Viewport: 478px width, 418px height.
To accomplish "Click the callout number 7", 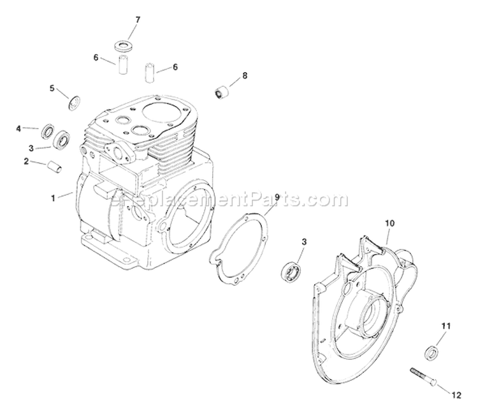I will [135, 20].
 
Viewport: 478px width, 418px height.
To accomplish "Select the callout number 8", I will [244, 76].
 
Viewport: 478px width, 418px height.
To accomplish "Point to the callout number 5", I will [52, 88].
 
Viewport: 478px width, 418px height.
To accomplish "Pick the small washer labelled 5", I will [73, 101].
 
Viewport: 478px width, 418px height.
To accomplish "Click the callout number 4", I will [18, 128].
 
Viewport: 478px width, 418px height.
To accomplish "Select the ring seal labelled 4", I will [47, 132].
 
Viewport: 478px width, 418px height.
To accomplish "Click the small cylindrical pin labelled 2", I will [53, 167].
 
